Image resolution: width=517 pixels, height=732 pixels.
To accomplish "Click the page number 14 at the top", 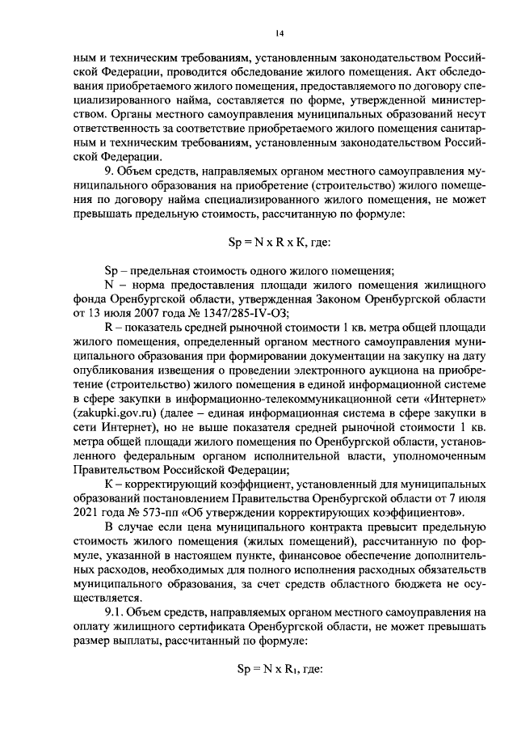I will point(279,32).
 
